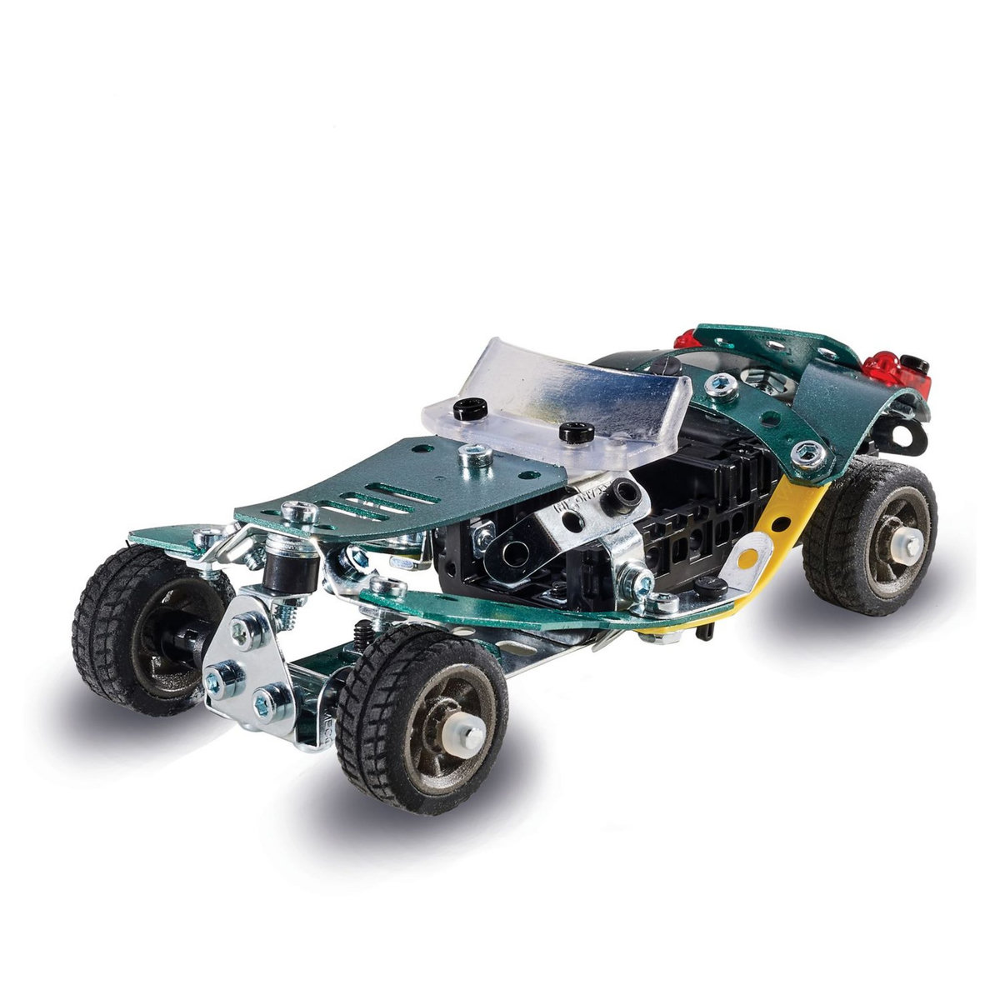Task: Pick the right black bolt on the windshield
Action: [576, 432]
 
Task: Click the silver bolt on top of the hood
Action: [475, 453]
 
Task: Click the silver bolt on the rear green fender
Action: [807, 452]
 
